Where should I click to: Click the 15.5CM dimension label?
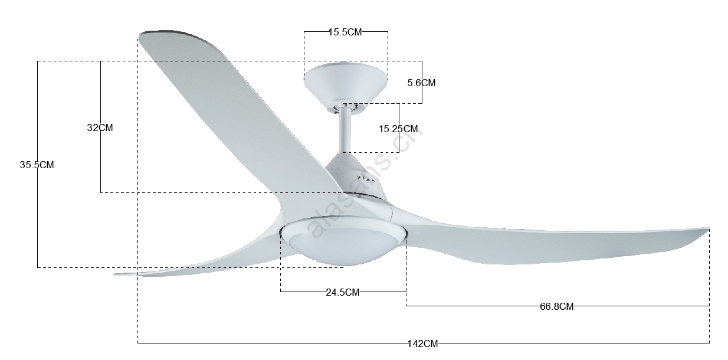[x=345, y=32]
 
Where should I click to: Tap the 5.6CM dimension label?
[x=422, y=83]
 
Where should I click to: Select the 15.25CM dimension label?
[x=398, y=129]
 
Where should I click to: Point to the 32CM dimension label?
[x=100, y=128]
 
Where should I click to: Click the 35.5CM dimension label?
[x=37, y=165]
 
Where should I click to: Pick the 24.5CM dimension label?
[x=343, y=292]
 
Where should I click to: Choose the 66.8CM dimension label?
[x=557, y=306]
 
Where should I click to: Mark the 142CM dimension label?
[x=423, y=343]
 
